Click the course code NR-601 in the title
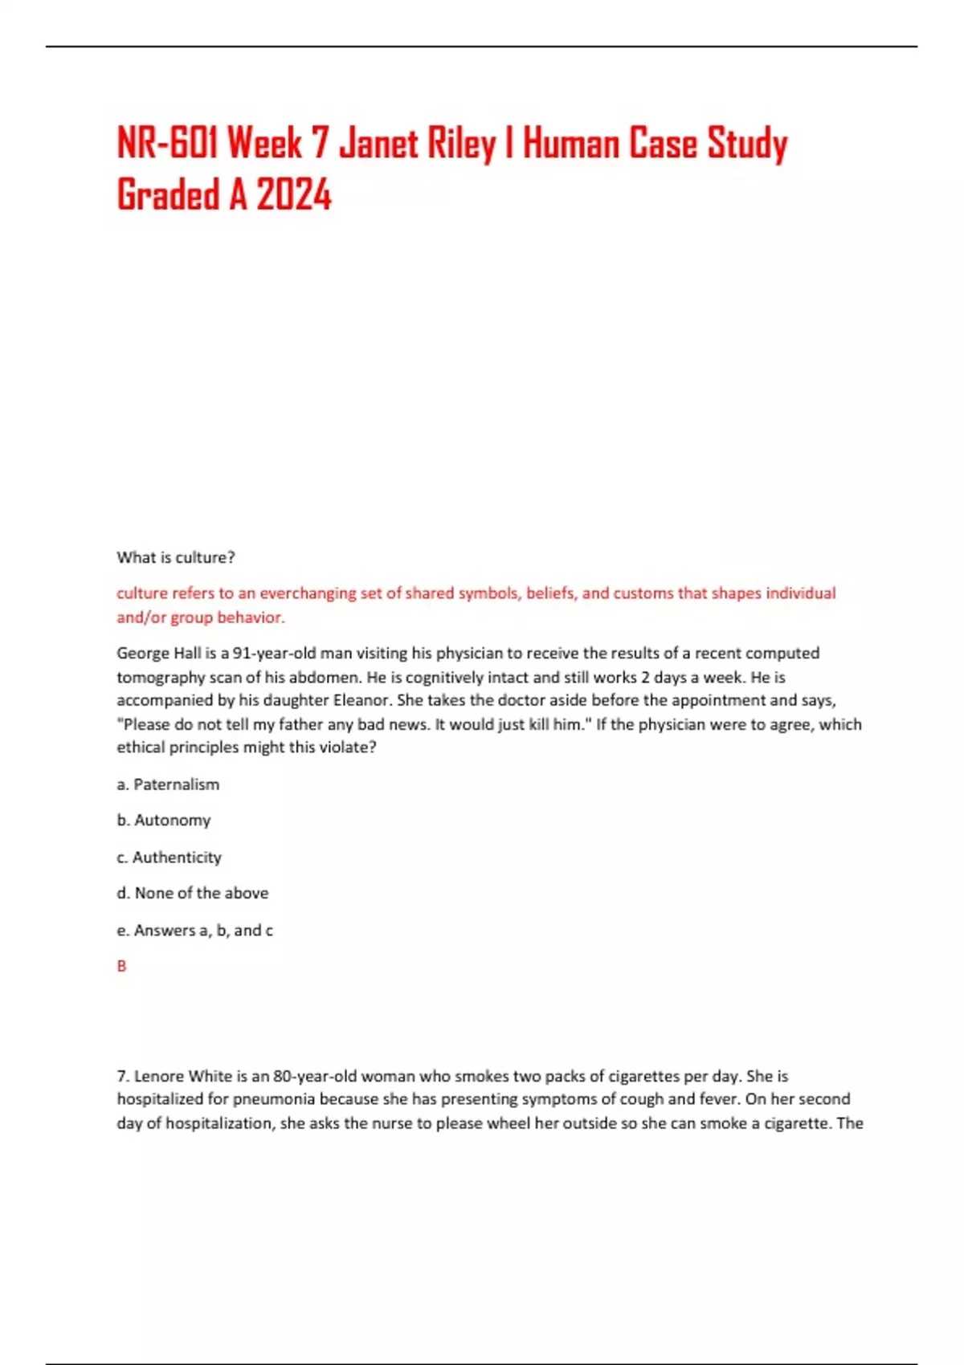(x=168, y=145)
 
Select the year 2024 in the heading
(x=294, y=195)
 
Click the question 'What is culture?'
(x=176, y=557)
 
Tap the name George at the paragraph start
(x=143, y=653)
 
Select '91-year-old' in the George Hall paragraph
(x=274, y=653)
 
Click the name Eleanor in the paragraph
(x=361, y=700)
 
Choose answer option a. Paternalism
(x=168, y=784)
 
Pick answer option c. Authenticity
(x=170, y=858)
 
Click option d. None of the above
(x=193, y=893)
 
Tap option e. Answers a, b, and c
(x=195, y=930)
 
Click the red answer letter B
(x=122, y=966)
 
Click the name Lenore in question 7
(x=159, y=1076)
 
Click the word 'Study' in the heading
(x=747, y=145)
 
